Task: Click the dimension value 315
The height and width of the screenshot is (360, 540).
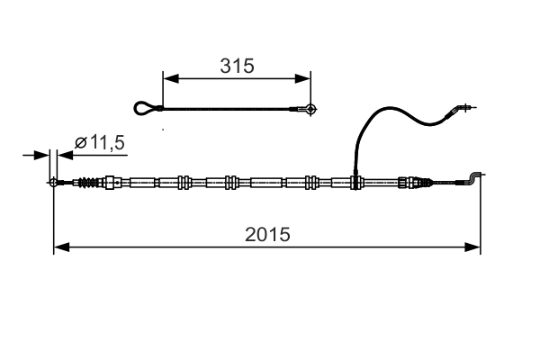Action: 237,65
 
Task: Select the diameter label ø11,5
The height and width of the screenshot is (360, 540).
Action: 98,142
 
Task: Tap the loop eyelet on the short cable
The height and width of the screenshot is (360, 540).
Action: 144,109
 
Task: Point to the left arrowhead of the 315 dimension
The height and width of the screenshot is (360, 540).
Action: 168,78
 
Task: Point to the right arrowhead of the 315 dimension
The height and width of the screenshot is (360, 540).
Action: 306,78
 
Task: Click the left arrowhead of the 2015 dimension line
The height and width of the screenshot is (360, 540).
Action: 59,245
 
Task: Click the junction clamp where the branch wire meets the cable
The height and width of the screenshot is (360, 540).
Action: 356,182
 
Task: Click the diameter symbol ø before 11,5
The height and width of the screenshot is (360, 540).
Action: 80,142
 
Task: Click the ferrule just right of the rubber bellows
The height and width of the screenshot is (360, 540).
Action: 111,183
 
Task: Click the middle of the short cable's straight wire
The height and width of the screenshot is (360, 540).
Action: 229,110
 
